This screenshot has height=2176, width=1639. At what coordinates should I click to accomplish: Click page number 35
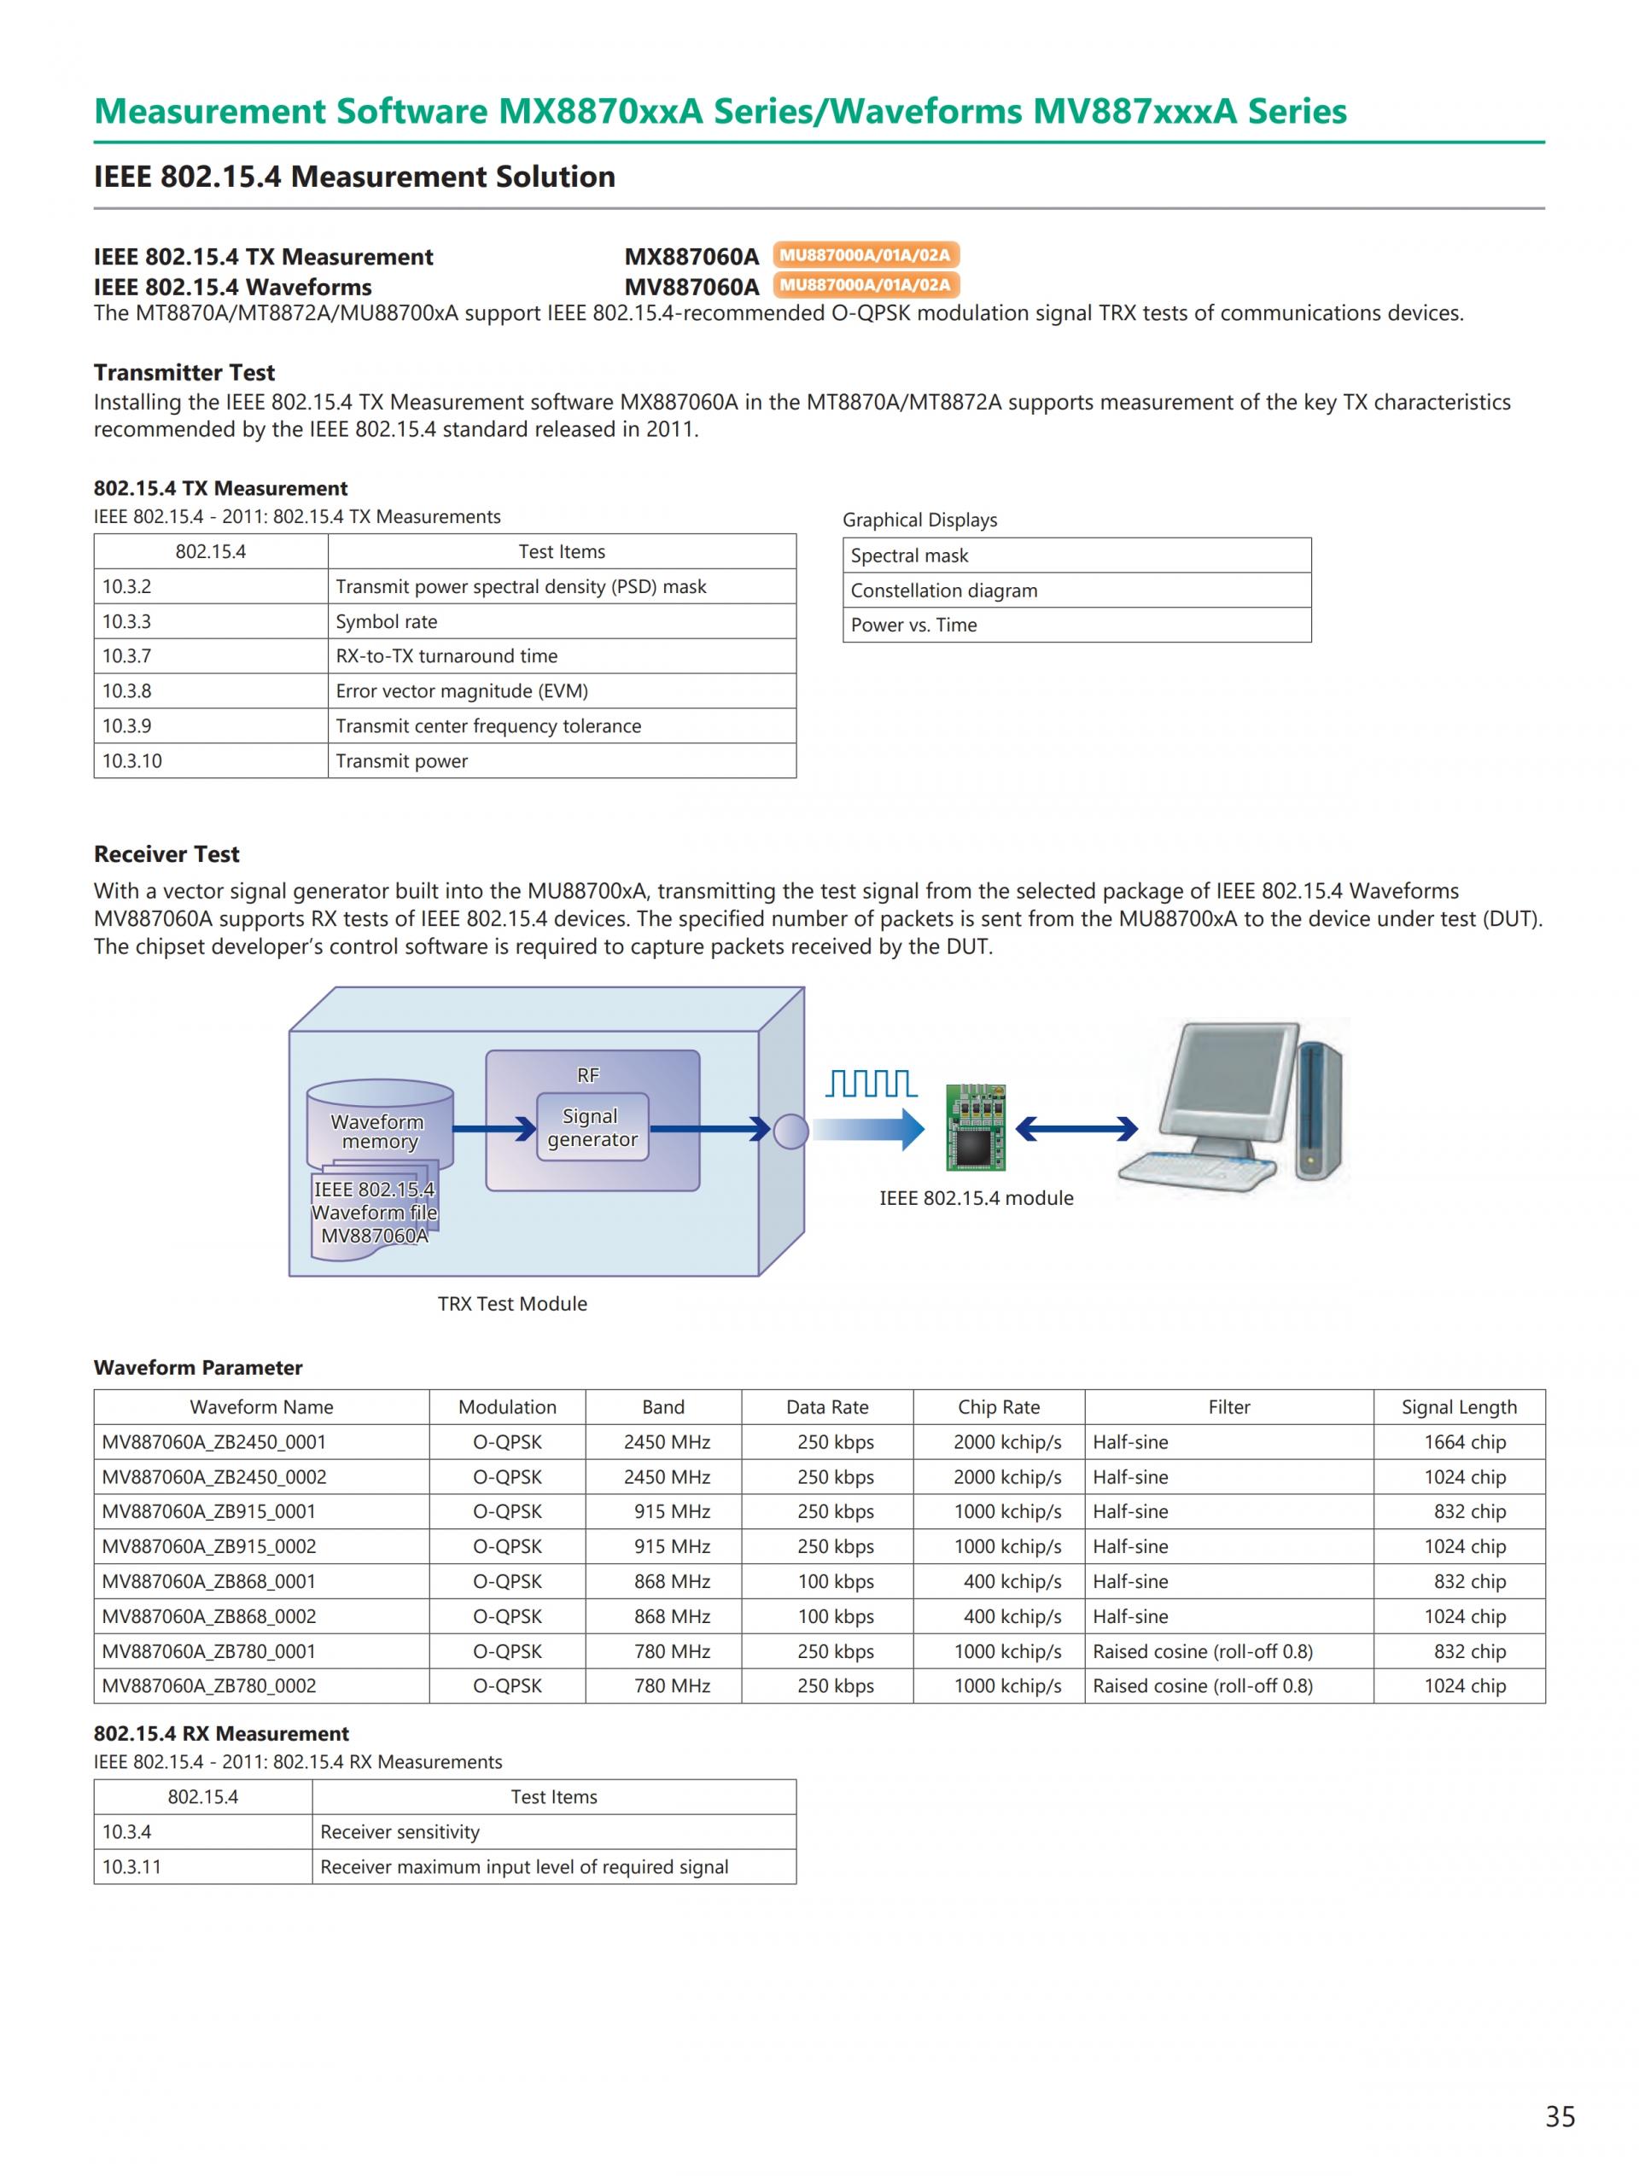[1560, 2116]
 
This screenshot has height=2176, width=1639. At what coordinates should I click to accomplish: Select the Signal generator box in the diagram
[592, 1127]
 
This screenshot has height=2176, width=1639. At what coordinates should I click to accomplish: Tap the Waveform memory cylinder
[379, 1126]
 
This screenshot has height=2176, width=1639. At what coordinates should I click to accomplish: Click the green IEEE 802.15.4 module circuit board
[975, 1127]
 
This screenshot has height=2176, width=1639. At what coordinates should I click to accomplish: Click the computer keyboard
[1194, 1170]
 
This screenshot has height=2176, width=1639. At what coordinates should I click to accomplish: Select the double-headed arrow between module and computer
[1076, 1128]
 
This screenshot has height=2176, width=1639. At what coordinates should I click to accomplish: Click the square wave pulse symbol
[871, 1083]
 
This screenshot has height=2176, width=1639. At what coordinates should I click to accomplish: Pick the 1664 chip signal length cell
[1464, 1442]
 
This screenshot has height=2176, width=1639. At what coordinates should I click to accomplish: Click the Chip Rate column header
[999, 1407]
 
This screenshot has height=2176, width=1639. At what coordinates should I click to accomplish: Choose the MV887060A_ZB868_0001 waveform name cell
[208, 1581]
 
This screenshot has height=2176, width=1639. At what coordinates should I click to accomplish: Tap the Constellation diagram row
[1076, 591]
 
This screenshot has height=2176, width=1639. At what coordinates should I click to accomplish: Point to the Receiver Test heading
[166, 854]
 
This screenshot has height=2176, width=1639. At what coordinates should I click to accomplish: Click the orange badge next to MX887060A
[865, 255]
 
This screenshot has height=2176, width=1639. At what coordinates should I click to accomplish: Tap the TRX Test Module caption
[511, 1303]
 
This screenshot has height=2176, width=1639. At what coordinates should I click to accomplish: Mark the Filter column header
[1228, 1407]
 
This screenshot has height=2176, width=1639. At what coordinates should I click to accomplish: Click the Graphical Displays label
[919, 520]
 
